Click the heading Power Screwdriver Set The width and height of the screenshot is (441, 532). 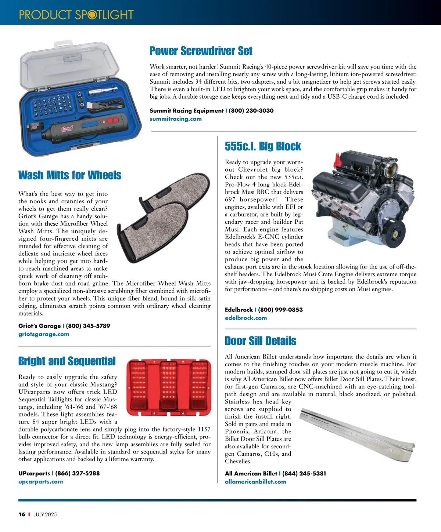point(201,51)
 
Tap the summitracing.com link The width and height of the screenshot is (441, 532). point(176,119)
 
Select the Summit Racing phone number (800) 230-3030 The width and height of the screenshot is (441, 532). point(251,110)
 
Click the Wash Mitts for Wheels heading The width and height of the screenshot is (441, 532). point(70,175)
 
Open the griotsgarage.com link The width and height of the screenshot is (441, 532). point(44,334)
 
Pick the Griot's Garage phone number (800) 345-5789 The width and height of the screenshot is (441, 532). point(88,326)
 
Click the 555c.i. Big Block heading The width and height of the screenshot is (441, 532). point(263,146)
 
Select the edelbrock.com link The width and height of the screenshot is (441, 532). point(246,318)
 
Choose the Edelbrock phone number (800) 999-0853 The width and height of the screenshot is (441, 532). point(280,310)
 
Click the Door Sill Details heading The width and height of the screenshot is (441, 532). point(261,341)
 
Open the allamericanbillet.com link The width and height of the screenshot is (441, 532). point(255,482)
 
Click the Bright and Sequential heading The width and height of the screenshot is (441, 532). point(67,361)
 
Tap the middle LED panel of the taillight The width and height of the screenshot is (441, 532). point(169,386)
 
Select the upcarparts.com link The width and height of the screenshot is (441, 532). point(40,482)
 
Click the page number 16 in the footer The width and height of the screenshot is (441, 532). point(22,514)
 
